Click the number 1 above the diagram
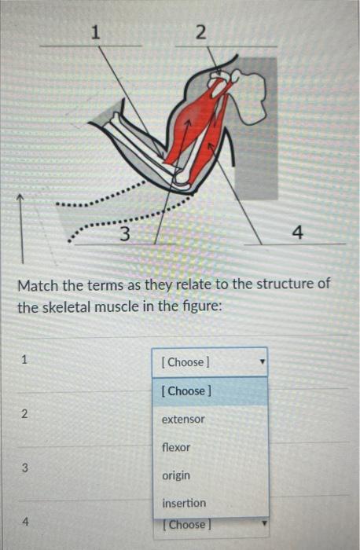95,33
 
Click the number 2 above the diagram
200,33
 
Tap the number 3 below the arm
124,233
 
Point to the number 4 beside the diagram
298,233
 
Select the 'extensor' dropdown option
183,419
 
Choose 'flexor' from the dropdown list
176,447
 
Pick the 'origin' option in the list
176,475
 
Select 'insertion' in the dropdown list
184,503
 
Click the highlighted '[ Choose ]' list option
186,390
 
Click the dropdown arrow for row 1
262,361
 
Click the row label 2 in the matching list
24,414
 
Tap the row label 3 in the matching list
24,467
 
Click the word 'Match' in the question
38,285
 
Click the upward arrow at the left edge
21,228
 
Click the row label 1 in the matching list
24,360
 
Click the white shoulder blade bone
252,98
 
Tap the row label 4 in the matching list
25,522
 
